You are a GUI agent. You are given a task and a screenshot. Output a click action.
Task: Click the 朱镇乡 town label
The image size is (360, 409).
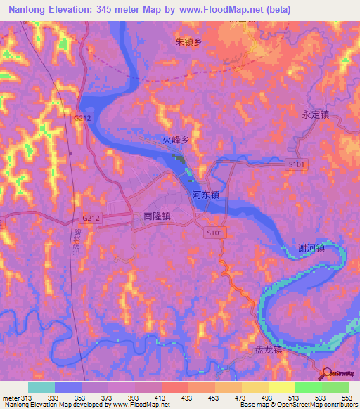pos(188,42)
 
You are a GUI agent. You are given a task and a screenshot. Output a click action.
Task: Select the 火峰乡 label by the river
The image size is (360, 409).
pos(176,140)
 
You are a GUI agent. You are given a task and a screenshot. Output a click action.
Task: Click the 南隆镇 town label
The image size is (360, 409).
pos(157,217)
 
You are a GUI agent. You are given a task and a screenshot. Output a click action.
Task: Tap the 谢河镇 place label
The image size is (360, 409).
pos(311,248)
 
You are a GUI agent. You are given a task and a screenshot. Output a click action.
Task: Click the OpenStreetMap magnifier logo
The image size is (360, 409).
pos(328,373)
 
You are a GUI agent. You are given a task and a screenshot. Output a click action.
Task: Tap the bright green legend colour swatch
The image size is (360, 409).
pos(308,387)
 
